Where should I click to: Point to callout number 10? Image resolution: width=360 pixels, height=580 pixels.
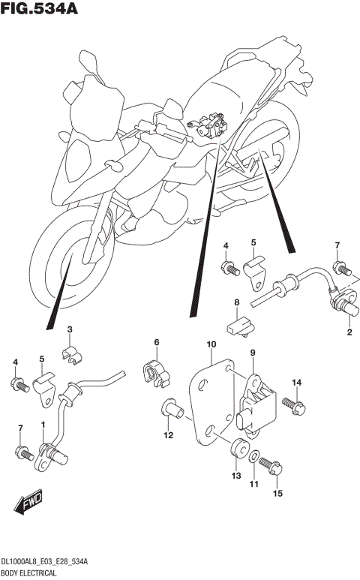pyautogui.click(x=211, y=344)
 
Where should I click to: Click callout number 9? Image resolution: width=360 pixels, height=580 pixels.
pyautogui.click(x=253, y=353)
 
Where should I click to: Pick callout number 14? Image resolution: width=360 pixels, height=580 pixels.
pyautogui.click(x=296, y=383)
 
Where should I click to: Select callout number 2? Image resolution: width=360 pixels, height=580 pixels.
pyautogui.click(x=349, y=331)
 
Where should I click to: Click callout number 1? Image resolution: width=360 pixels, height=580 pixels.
pyautogui.click(x=43, y=425)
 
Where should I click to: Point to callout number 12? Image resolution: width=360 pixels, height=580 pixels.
pyautogui.click(x=169, y=435)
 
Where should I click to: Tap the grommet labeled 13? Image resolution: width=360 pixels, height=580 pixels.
pyautogui.click(x=236, y=449)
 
